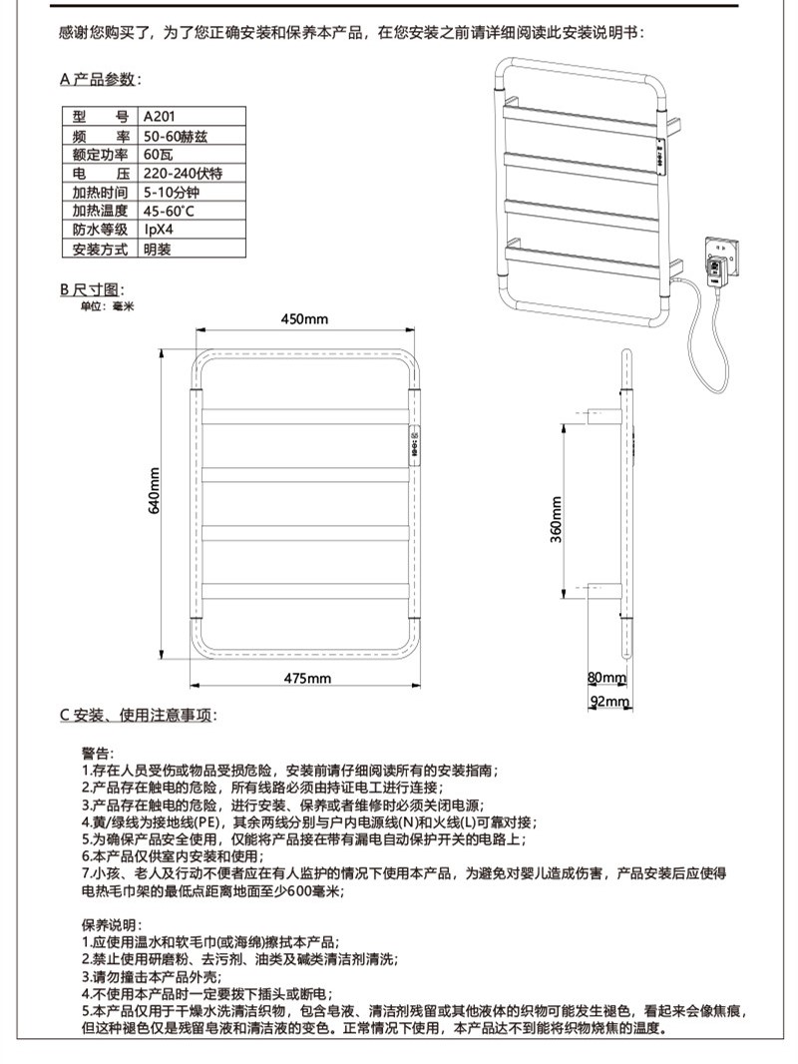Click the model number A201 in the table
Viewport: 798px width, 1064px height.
tap(160, 116)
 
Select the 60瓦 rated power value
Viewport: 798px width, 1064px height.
tap(159, 154)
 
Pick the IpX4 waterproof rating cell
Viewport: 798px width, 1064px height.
tap(159, 230)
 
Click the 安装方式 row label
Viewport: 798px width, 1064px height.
tap(100, 249)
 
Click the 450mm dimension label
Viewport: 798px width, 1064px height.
tap(304, 319)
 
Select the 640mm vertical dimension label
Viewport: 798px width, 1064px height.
tap(156, 490)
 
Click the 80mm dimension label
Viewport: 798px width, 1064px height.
tap(605, 677)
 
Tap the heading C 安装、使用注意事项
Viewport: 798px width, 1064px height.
tap(138, 715)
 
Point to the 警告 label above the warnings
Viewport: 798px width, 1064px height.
tap(99, 753)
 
